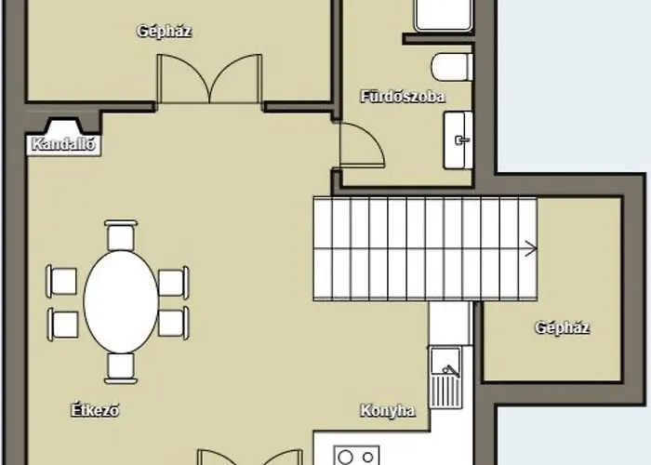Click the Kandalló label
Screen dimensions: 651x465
click(63, 144)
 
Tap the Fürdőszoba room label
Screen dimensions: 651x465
click(403, 97)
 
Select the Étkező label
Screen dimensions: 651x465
click(95, 410)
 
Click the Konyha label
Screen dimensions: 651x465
click(388, 411)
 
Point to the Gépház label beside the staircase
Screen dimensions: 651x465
click(562, 327)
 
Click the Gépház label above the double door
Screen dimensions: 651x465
click(164, 31)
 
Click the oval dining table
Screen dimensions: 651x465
click(121, 302)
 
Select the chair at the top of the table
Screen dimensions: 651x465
click(121, 235)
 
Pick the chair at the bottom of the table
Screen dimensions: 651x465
click(121, 368)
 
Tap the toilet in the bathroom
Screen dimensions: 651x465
click(452, 67)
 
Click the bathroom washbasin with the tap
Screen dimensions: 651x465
click(458, 139)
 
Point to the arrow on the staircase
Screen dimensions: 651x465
click(531, 248)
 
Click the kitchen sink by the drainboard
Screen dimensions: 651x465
click(445, 361)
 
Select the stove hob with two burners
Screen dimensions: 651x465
click(356, 456)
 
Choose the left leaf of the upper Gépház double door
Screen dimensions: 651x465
click(183, 78)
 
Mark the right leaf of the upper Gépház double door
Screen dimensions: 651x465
click(236, 78)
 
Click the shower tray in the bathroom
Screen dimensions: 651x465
click(443, 16)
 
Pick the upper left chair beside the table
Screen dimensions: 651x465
click(62, 282)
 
